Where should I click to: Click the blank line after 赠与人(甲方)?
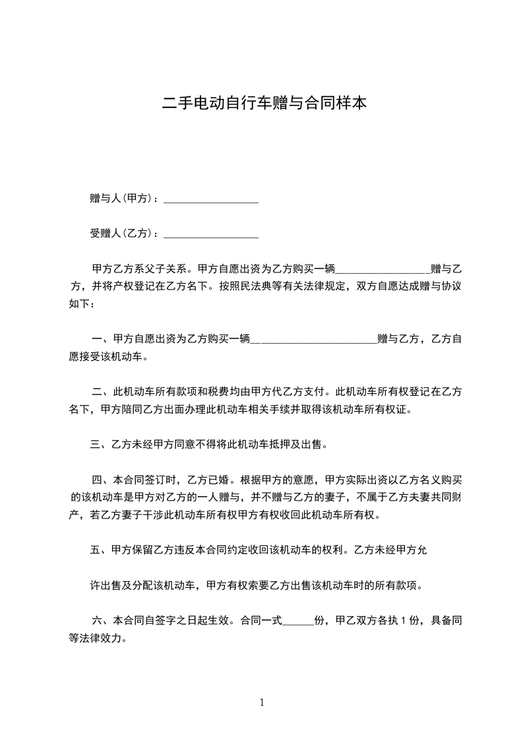click(x=210, y=199)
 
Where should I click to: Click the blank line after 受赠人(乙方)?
click(x=210, y=234)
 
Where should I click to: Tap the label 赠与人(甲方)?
click(x=123, y=199)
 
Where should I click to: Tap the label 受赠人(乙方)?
click(x=123, y=233)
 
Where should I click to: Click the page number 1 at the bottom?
click(x=262, y=702)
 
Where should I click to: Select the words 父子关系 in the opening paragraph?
click(x=166, y=269)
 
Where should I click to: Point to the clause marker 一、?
click(x=102, y=339)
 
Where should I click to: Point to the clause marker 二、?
click(x=102, y=392)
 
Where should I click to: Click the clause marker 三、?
click(x=100, y=445)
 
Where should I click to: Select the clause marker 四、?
click(x=102, y=479)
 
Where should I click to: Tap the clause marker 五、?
click(x=100, y=550)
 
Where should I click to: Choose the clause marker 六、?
click(x=102, y=621)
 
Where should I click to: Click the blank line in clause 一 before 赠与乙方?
click(x=314, y=340)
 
